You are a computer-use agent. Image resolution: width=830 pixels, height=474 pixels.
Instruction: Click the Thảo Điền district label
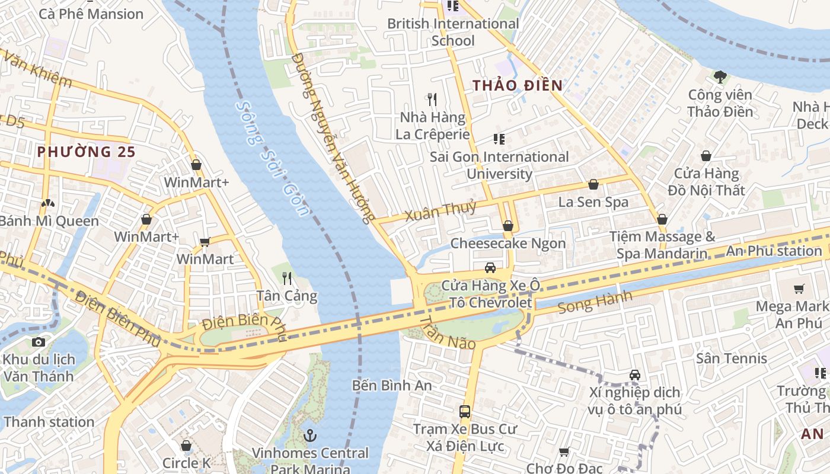[x=517, y=85]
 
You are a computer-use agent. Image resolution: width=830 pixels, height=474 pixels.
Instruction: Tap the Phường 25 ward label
[x=87, y=152]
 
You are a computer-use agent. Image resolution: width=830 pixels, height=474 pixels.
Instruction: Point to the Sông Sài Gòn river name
[x=272, y=158]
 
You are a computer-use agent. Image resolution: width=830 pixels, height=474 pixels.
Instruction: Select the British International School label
[x=453, y=32]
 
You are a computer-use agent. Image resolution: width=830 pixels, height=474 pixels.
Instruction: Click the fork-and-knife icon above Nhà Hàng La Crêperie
[x=432, y=99]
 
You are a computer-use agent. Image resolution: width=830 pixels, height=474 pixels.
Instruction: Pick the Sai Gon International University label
[x=499, y=165]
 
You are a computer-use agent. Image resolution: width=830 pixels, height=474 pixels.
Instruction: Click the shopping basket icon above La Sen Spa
[x=593, y=184]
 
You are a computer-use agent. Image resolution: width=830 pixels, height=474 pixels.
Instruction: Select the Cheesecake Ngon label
[x=508, y=244]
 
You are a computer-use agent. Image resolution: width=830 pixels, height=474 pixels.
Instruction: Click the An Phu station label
[x=774, y=251]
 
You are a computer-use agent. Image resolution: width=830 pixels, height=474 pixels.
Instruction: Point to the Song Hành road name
[x=595, y=302]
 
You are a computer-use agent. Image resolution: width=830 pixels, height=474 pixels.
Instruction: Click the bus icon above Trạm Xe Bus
[x=465, y=411]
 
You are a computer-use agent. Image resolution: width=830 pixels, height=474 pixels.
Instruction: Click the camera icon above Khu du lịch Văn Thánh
[x=39, y=342]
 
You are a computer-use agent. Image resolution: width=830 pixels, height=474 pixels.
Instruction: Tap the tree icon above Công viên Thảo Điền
[x=720, y=76]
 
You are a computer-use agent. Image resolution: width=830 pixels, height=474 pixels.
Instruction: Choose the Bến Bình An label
[x=392, y=385]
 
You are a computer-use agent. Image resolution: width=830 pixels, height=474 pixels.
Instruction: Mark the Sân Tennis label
[x=732, y=358]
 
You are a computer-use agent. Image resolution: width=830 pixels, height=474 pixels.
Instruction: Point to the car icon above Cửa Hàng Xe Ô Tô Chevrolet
[x=490, y=267]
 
